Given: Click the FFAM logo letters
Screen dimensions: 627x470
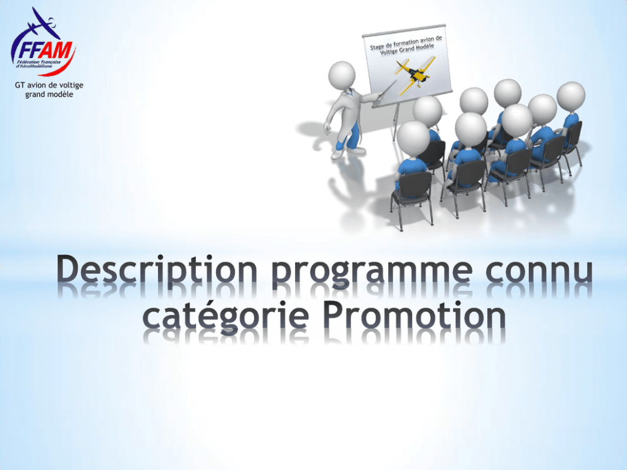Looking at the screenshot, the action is (44, 50).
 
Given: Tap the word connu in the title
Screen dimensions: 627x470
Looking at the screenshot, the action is (539, 270).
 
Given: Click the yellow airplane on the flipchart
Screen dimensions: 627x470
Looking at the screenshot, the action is (414, 74).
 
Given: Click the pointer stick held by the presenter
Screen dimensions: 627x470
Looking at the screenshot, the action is (386, 88).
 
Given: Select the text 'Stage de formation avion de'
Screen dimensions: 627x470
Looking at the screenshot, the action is (406, 42).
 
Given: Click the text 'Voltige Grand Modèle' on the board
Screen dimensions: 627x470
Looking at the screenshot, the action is (406, 49).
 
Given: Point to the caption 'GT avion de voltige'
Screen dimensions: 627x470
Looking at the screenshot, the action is (49, 85).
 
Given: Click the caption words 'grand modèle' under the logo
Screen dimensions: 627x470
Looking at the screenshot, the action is (49, 94).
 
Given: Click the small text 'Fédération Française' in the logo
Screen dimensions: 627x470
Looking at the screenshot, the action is (39, 62).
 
